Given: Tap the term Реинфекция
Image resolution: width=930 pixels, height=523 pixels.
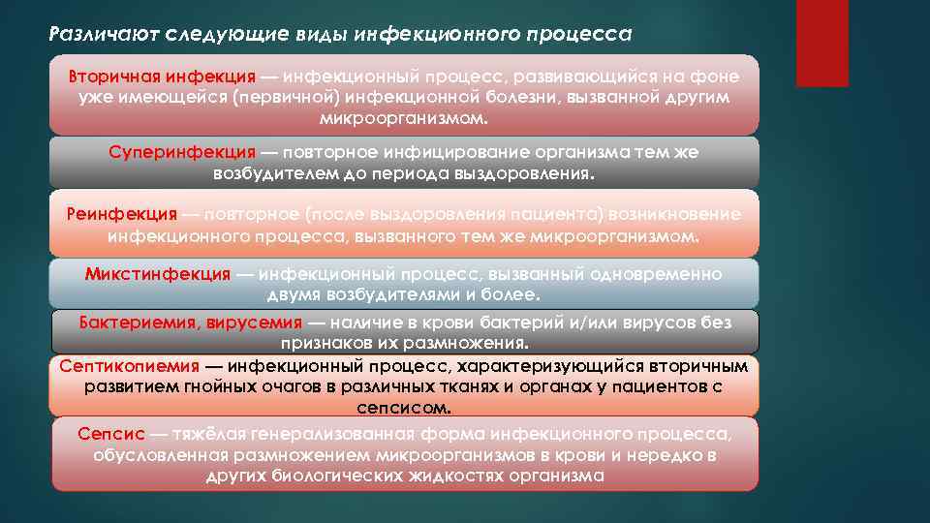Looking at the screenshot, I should point(122,213).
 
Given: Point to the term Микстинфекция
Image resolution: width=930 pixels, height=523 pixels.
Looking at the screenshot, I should point(158,274).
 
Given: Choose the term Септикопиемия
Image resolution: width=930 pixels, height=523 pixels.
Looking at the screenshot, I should point(130,366).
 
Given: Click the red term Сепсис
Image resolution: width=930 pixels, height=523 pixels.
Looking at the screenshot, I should point(109,432).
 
